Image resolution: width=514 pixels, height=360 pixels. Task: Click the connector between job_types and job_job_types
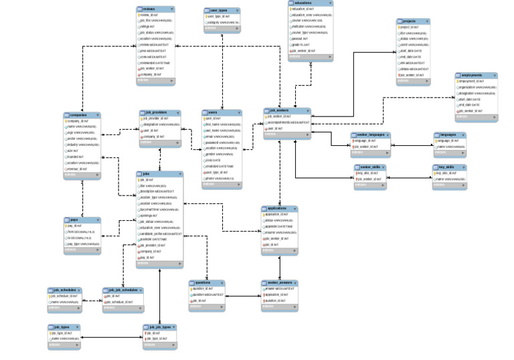pos(114,337)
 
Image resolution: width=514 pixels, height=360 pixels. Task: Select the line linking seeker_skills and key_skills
pos(408,177)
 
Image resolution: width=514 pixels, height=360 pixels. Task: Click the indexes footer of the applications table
pos(279,252)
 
